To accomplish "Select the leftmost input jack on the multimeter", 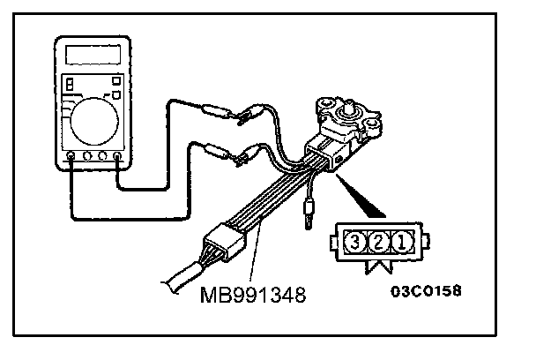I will coord(71,159).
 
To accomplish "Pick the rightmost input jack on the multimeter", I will coord(117,159).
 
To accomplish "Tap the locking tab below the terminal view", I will coord(381,263).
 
